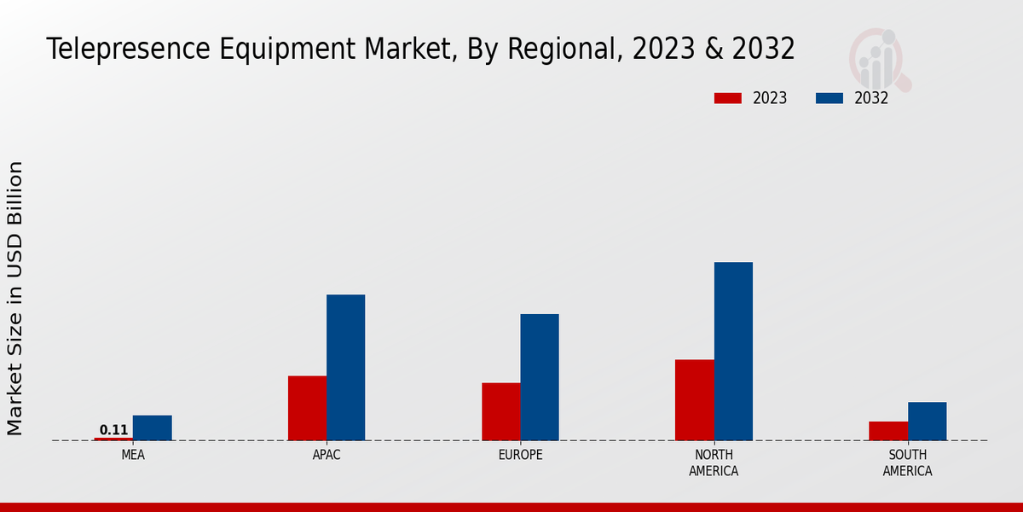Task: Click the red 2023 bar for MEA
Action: click(x=113, y=439)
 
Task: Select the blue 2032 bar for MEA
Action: click(x=152, y=428)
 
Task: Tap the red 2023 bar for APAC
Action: click(x=307, y=408)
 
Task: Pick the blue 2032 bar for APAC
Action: click(x=345, y=367)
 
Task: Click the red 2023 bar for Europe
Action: click(x=500, y=411)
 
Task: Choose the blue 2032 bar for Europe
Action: click(x=540, y=377)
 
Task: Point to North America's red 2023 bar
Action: click(x=694, y=399)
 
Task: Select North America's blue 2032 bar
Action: click(x=733, y=351)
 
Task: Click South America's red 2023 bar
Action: click(x=888, y=431)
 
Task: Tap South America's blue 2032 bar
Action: click(x=927, y=421)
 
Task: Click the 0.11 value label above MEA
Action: click(x=113, y=430)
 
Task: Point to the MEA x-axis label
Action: click(x=133, y=455)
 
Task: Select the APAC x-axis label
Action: click(x=327, y=455)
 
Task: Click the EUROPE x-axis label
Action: click(x=520, y=455)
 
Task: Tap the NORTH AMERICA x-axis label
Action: click(x=714, y=463)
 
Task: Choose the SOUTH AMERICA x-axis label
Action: click(x=907, y=463)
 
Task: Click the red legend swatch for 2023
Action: click(x=727, y=98)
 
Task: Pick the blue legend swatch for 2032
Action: click(x=829, y=98)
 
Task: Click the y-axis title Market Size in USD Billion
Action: click(x=15, y=298)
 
